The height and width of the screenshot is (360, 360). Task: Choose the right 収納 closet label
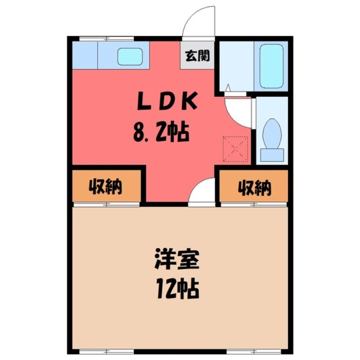tap(255, 187)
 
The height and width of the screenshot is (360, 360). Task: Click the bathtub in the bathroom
tap(271, 66)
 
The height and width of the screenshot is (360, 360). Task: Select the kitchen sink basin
tap(130, 56)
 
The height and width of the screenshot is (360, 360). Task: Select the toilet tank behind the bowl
tap(273, 154)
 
